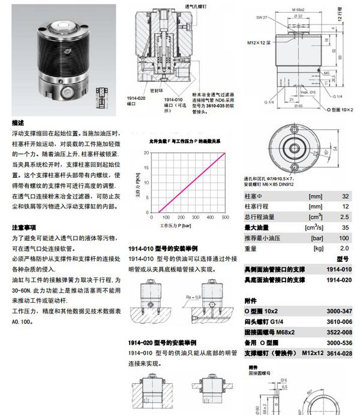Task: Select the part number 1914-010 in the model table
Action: click(339, 270)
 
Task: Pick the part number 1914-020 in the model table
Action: click(339, 280)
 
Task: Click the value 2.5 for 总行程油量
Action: click(344, 217)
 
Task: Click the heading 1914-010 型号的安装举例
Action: click(163, 249)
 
